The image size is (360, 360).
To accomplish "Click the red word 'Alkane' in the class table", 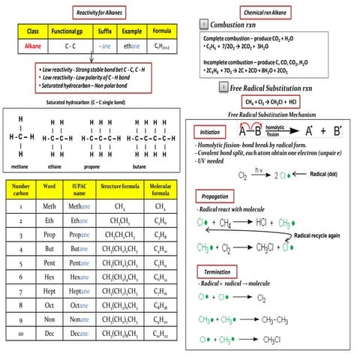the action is point(33,45).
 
